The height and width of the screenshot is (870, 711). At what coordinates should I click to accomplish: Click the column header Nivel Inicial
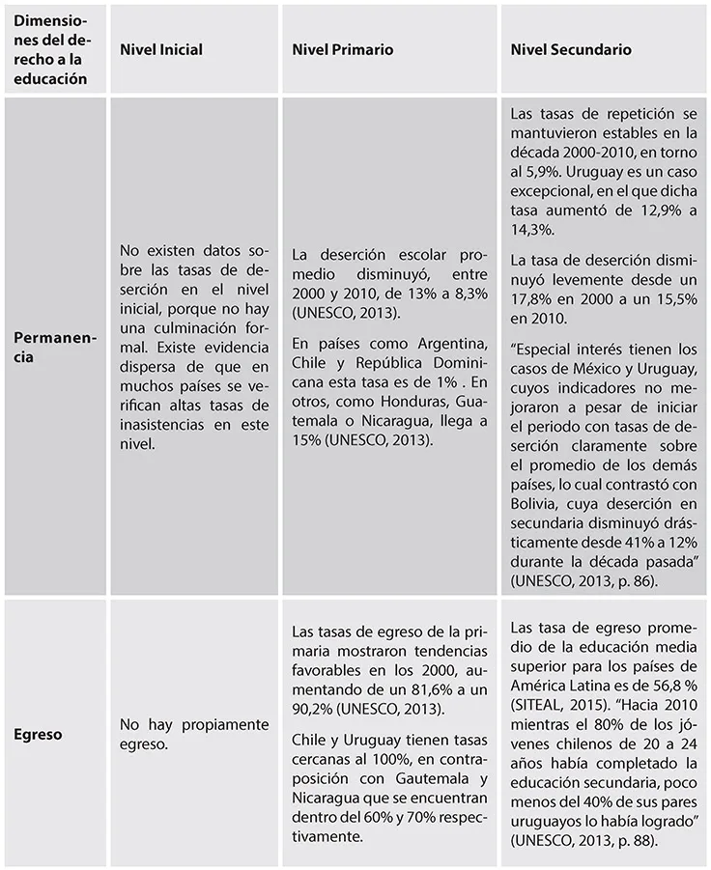pyautogui.click(x=160, y=50)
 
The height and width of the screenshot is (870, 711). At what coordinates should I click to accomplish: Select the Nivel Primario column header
pyautogui.click(x=342, y=50)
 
